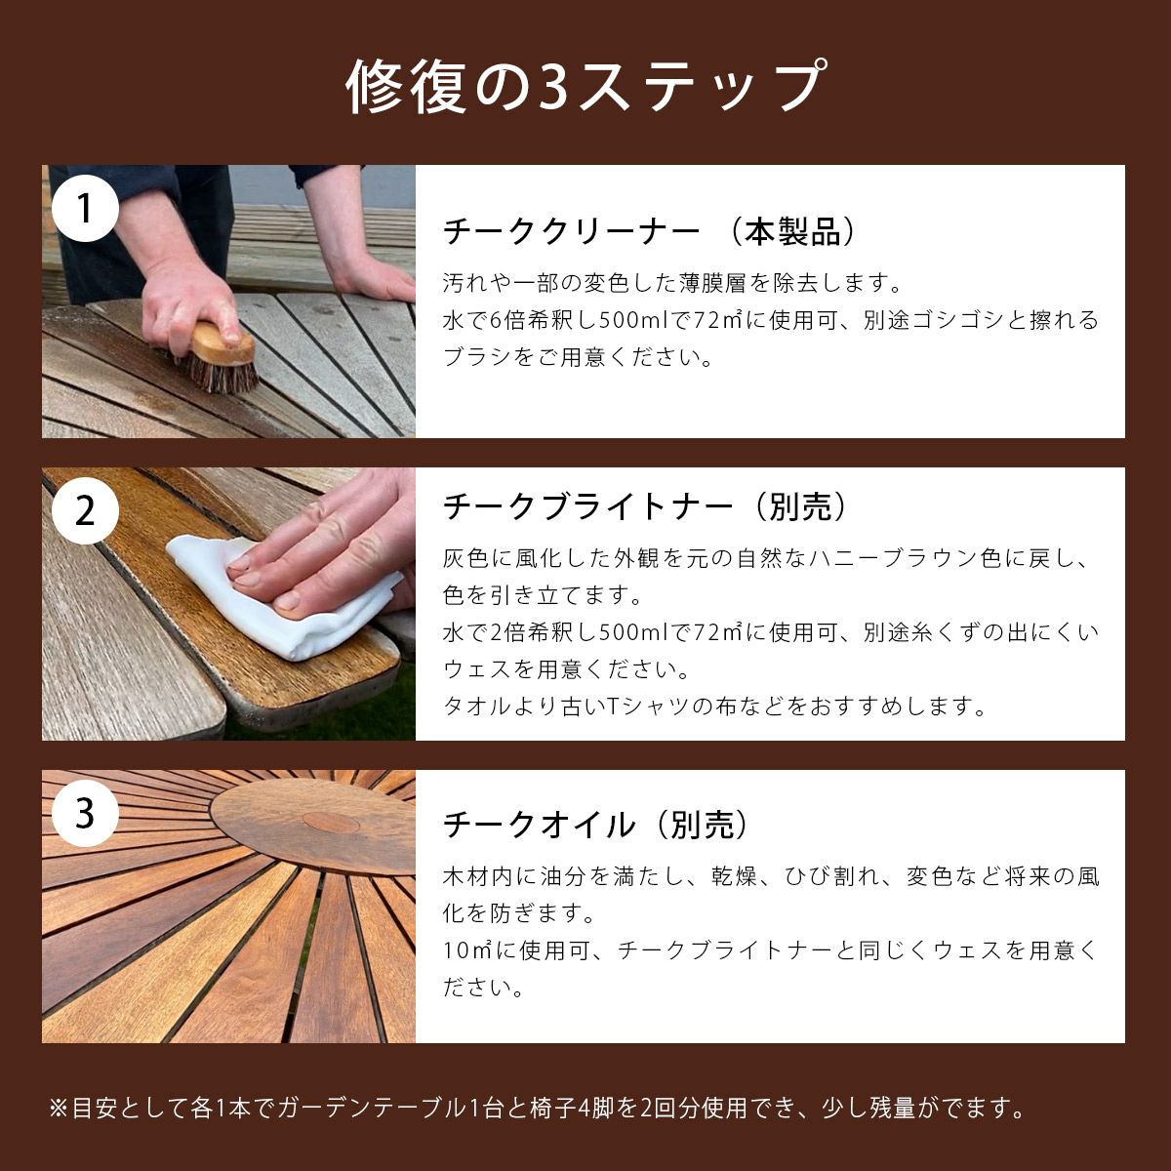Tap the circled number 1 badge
pos(86,208)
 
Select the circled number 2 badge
pos(86,510)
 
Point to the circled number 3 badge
pos(86,813)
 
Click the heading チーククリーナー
pos(572,232)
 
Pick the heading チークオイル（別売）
pos(598,826)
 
